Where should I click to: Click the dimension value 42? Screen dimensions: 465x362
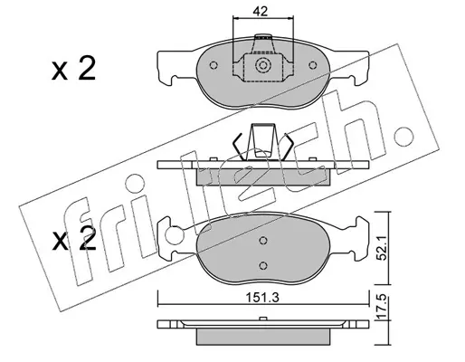pyautogui.click(x=261, y=11)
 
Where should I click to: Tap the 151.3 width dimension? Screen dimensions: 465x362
pyautogui.click(x=262, y=298)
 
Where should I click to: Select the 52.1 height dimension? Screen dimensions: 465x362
pyautogui.click(x=383, y=248)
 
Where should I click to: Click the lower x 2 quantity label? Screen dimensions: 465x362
pyautogui.click(x=74, y=239)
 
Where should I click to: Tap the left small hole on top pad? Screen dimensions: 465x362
pyautogui.click(x=214, y=65)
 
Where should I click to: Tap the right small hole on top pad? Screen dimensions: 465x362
pyautogui.click(x=313, y=65)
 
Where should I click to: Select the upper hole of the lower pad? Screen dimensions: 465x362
pyautogui.click(x=263, y=241)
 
